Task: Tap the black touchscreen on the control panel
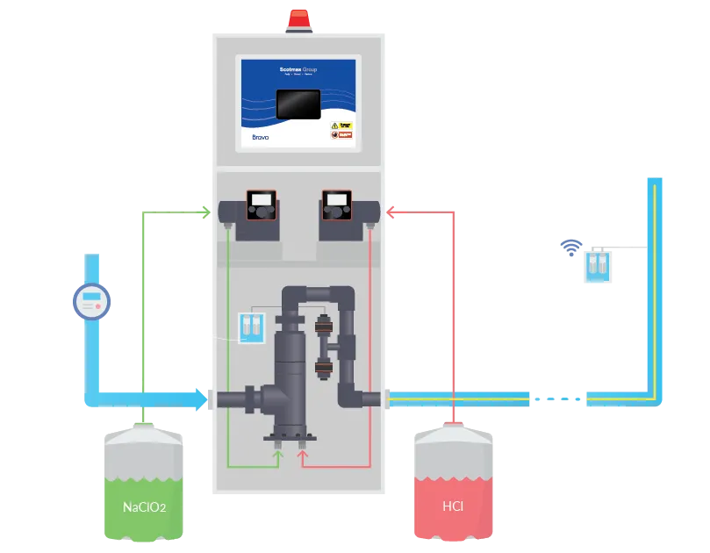point(298,103)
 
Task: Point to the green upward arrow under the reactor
point(279,453)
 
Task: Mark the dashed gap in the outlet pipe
point(558,399)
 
